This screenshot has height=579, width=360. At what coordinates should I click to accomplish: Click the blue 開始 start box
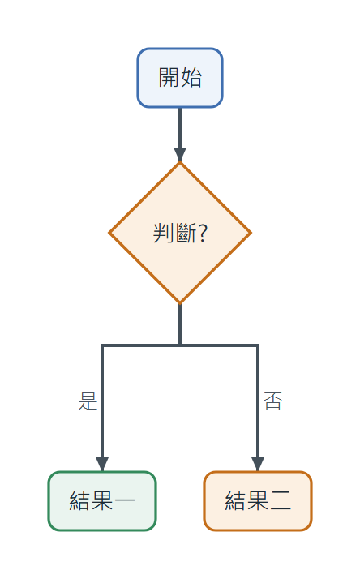180,78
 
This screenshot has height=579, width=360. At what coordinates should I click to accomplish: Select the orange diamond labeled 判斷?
180,233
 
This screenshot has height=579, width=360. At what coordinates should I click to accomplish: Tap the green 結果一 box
102,501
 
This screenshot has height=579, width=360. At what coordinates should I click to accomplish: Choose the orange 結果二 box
258,501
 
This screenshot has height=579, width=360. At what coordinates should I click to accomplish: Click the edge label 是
88,401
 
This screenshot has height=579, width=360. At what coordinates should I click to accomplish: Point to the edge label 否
273,401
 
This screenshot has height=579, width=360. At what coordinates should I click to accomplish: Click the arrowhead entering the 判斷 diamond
180,155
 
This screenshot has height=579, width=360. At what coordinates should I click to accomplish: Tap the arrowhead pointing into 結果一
102,464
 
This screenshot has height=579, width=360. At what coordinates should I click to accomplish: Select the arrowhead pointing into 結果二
258,464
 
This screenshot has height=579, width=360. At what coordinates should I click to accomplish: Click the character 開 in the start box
169,78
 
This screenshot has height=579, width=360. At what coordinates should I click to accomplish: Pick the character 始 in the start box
191,78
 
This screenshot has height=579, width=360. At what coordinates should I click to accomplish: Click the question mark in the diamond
203,233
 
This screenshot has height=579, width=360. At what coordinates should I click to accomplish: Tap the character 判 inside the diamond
164,233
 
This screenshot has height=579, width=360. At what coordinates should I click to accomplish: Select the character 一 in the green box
124,500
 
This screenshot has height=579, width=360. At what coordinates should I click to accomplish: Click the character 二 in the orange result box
281,500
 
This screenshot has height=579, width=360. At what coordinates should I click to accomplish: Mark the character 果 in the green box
102,500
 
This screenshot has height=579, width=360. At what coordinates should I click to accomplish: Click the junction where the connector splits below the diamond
180,345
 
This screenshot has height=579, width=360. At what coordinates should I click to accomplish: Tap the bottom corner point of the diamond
180,303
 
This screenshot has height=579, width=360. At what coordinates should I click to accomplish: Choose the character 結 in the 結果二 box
236,500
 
